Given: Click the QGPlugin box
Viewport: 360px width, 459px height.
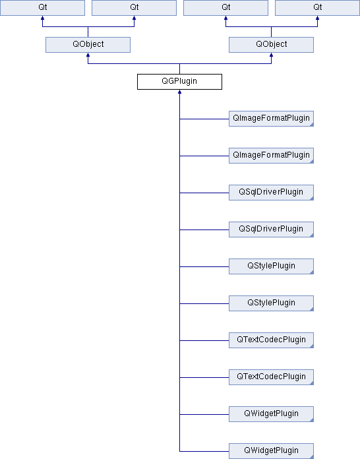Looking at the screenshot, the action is tap(179, 82).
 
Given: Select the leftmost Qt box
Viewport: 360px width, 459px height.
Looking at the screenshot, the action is tap(42, 8).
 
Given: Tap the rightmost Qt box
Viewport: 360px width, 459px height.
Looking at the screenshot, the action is tap(318, 8).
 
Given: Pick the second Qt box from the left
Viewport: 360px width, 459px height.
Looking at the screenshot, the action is tap(134, 8).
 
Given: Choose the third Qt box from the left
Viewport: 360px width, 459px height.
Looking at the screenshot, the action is tap(225, 8).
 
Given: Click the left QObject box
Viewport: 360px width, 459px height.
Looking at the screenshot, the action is tap(88, 45).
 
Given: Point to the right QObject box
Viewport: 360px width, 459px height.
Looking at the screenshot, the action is tap(271, 45).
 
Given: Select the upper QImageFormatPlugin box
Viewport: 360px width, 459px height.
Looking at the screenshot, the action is tap(271, 119).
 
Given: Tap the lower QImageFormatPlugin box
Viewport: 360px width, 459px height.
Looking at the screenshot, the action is tap(271, 156).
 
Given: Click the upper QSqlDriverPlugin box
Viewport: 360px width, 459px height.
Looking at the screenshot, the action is tap(271, 193).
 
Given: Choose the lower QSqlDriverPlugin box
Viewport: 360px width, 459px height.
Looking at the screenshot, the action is tap(271, 229).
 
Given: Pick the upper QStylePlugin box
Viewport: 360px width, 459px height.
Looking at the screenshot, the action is tap(271, 266).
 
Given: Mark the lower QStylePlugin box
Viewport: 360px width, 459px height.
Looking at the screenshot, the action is tap(271, 303).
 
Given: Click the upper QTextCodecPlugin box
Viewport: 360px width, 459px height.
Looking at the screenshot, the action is tap(271, 340).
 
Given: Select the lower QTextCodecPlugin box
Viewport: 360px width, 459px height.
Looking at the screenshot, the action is tap(271, 377).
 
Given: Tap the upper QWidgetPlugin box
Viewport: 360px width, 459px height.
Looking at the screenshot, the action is tap(271, 414).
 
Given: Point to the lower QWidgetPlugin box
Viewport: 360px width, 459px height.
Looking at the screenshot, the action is tap(271, 451).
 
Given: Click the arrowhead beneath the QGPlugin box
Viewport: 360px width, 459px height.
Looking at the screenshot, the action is tap(179, 92).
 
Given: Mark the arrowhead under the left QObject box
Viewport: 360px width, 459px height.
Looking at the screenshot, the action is tap(88, 55).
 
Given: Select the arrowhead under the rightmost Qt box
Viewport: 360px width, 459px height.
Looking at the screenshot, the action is tap(318, 18).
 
